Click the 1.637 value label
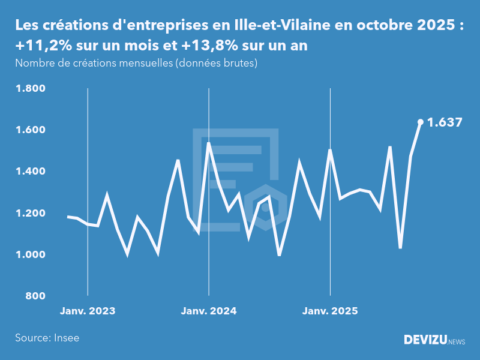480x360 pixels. pyautogui.click(x=445, y=122)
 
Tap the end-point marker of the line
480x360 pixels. pyautogui.click(x=420, y=122)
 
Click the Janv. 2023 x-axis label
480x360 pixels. pyautogui.click(x=88, y=311)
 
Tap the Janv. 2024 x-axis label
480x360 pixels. pyautogui.click(x=209, y=311)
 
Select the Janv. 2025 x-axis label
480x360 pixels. pyautogui.click(x=330, y=311)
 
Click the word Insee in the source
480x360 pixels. pyautogui.click(x=66, y=338)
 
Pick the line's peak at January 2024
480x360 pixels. pyautogui.click(x=209, y=143)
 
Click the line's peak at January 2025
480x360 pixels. pyautogui.click(x=330, y=150)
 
